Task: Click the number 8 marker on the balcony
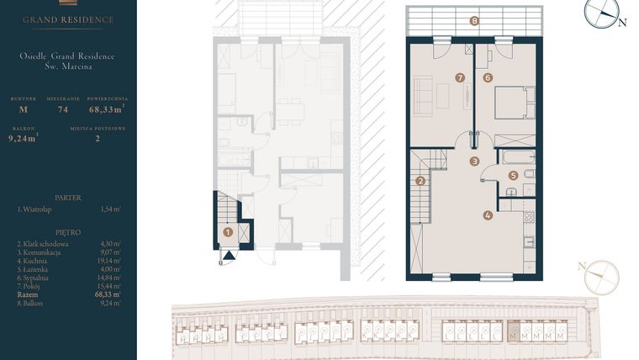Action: click(475, 21)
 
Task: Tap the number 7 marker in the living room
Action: click(460, 77)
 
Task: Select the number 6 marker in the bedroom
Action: click(488, 77)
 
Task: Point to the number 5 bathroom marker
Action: click(513, 176)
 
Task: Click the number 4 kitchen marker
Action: click(488, 214)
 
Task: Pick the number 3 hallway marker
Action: click(475, 161)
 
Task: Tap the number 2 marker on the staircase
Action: click(420, 180)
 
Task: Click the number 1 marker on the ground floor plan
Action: click(227, 232)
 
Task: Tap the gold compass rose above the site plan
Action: click(601, 276)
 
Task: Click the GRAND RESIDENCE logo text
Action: click(68, 19)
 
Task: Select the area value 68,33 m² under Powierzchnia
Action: click(107, 109)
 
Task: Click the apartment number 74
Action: click(62, 109)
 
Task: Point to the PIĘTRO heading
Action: click(67, 231)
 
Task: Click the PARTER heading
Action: click(67, 198)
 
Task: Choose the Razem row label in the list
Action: click(27, 294)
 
